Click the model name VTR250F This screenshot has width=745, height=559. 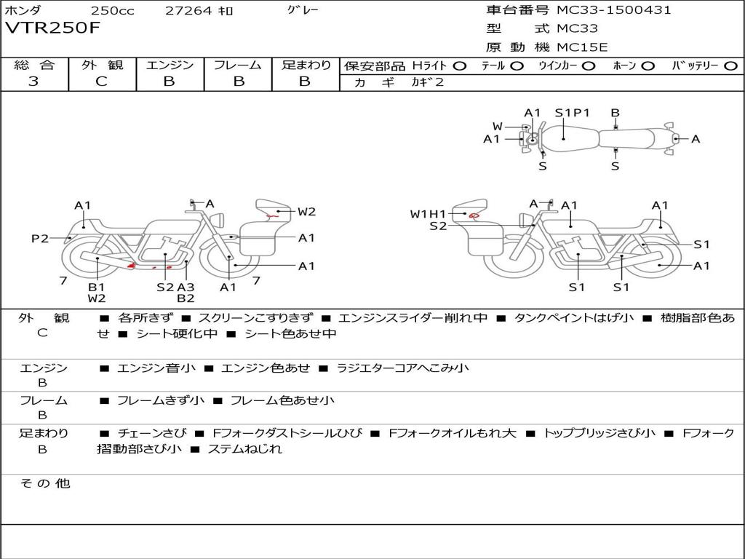pyautogui.click(x=53, y=28)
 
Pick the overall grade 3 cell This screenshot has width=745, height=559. pyautogui.click(x=33, y=82)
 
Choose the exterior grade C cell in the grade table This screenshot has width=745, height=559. pyautogui.click(x=101, y=82)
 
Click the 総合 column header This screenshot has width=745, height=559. pyautogui.click(x=34, y=65)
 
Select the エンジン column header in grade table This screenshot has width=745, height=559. pyautogui.click(x=170, y=65)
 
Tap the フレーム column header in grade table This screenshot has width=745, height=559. pyautogui.click(x=237, y=65)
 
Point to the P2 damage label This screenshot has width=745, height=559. pyautogui.click(x=40, y=238)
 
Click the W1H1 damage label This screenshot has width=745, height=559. pyautogui.click(x=427, y=214)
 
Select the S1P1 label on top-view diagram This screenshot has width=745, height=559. pyautogui.click(x=572, y=113)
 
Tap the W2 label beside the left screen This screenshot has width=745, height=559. pyautogui.click(x=306, y=212)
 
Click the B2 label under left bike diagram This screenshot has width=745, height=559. pyautogui.click(x=186, y=298)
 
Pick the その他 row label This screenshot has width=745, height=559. pyautogui.click(x=44, y=483)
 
